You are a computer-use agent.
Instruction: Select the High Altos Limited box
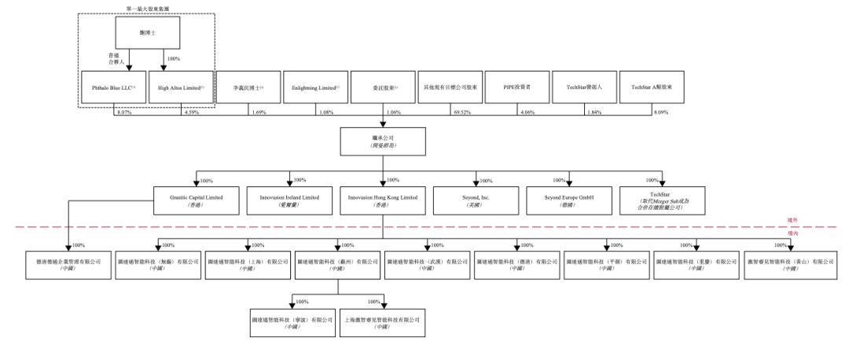[181, 89]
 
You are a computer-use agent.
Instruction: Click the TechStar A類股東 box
[652, 89]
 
